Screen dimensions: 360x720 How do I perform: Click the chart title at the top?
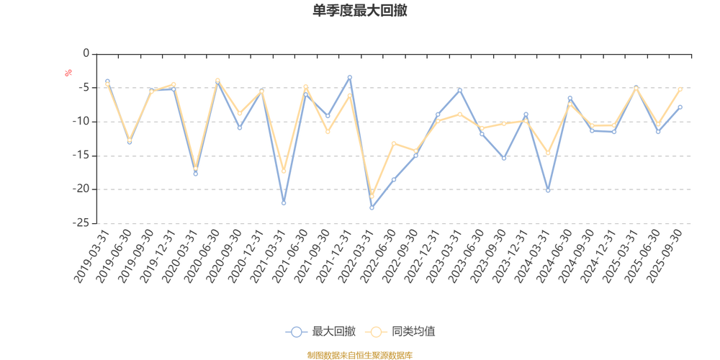coord(360,11)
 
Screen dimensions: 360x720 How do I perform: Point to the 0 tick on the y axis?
coord(86,53)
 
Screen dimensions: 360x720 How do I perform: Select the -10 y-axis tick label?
coord(82,122)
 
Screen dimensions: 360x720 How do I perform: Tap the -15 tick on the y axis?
coord(82,156)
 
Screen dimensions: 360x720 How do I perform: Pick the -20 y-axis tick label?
coord(82,189)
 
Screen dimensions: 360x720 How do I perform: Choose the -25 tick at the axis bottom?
coord(82,223)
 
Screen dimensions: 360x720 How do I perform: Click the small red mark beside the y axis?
coord(68,72)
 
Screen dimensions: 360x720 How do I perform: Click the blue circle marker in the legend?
coord(295,331)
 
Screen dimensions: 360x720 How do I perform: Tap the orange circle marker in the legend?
coord(375,331)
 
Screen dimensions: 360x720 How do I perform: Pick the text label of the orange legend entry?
coord(413,331)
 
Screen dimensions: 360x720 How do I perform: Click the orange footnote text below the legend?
coord(360,354)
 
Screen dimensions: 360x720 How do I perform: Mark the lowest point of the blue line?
coord(372,208)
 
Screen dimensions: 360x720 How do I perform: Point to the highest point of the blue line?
coord(350,76)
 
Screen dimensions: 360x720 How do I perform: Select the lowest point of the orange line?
coord(372,197)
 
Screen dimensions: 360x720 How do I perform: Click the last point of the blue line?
coord(680,107)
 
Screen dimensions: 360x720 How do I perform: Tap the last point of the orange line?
coord(680,89)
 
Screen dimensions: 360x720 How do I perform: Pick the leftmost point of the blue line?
coord(107,81)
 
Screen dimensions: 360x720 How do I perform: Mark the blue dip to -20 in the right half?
coord(548,191)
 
